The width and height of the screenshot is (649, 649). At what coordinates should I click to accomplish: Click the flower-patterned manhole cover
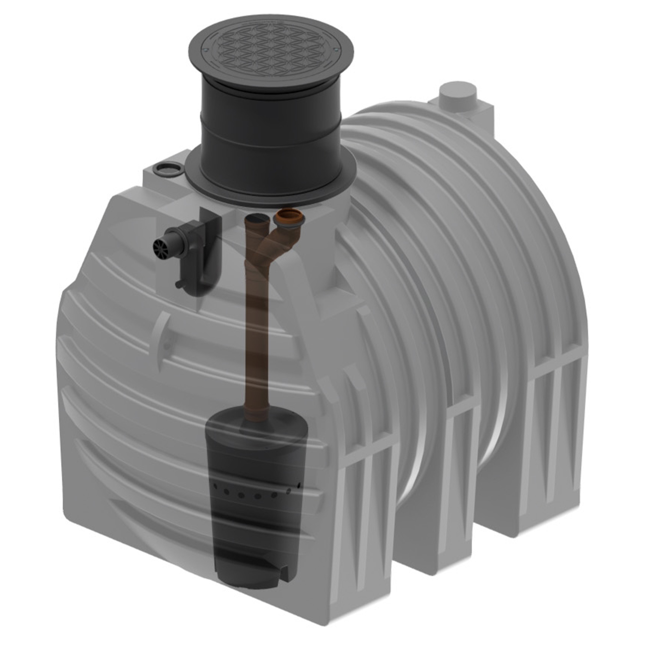click(x=271, y=50)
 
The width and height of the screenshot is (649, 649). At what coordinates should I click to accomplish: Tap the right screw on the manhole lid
click(x=336, y=50)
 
